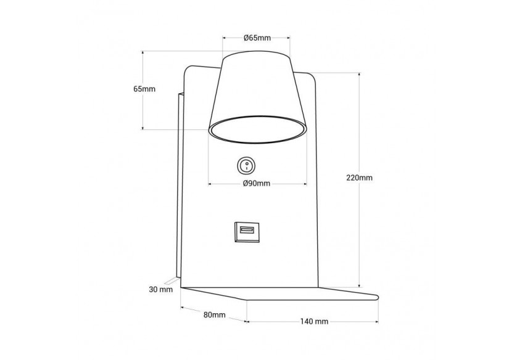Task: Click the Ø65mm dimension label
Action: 257,38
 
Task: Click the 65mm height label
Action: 144,89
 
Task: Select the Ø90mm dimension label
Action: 257,184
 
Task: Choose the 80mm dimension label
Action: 214,315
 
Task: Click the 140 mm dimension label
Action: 314,321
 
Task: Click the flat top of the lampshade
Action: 257,54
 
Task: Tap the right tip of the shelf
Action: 374,296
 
